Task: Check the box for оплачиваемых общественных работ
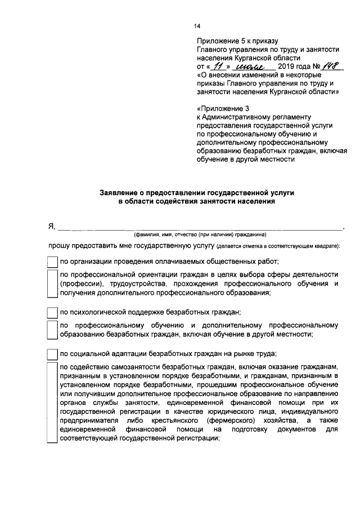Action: coord(52,262)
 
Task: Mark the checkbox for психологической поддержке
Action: coord(52,312)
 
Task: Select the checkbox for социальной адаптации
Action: coord(52,354)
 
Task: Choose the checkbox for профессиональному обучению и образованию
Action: coord(52,330)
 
